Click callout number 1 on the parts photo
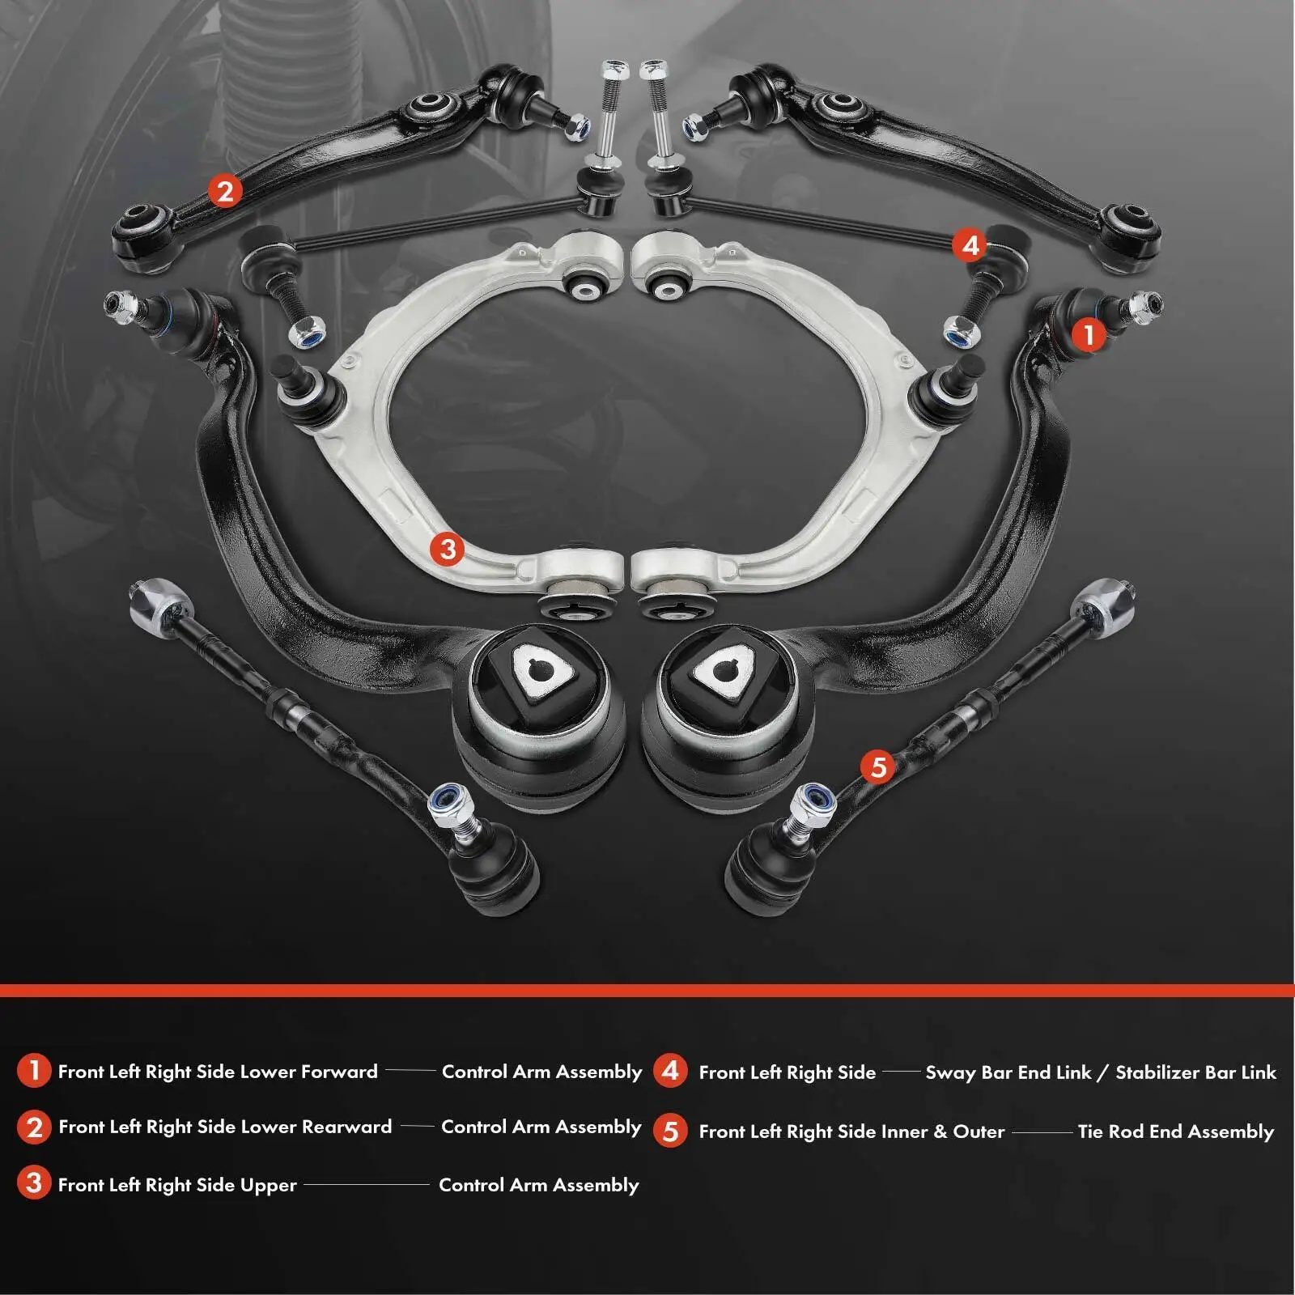pos(1089,333)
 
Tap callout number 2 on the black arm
pos(225,191)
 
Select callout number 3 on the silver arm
pos(448,550)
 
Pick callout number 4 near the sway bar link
pos(970,244)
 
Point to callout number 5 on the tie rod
pos(878,766)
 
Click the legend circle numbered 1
pos(33,1070)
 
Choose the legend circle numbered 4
pos(670,1070)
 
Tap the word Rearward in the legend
pos(346,1126)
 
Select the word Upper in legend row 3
pos(269,1184)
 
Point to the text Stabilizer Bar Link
pos(1195,1072)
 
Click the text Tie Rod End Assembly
pos(1175,1131)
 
